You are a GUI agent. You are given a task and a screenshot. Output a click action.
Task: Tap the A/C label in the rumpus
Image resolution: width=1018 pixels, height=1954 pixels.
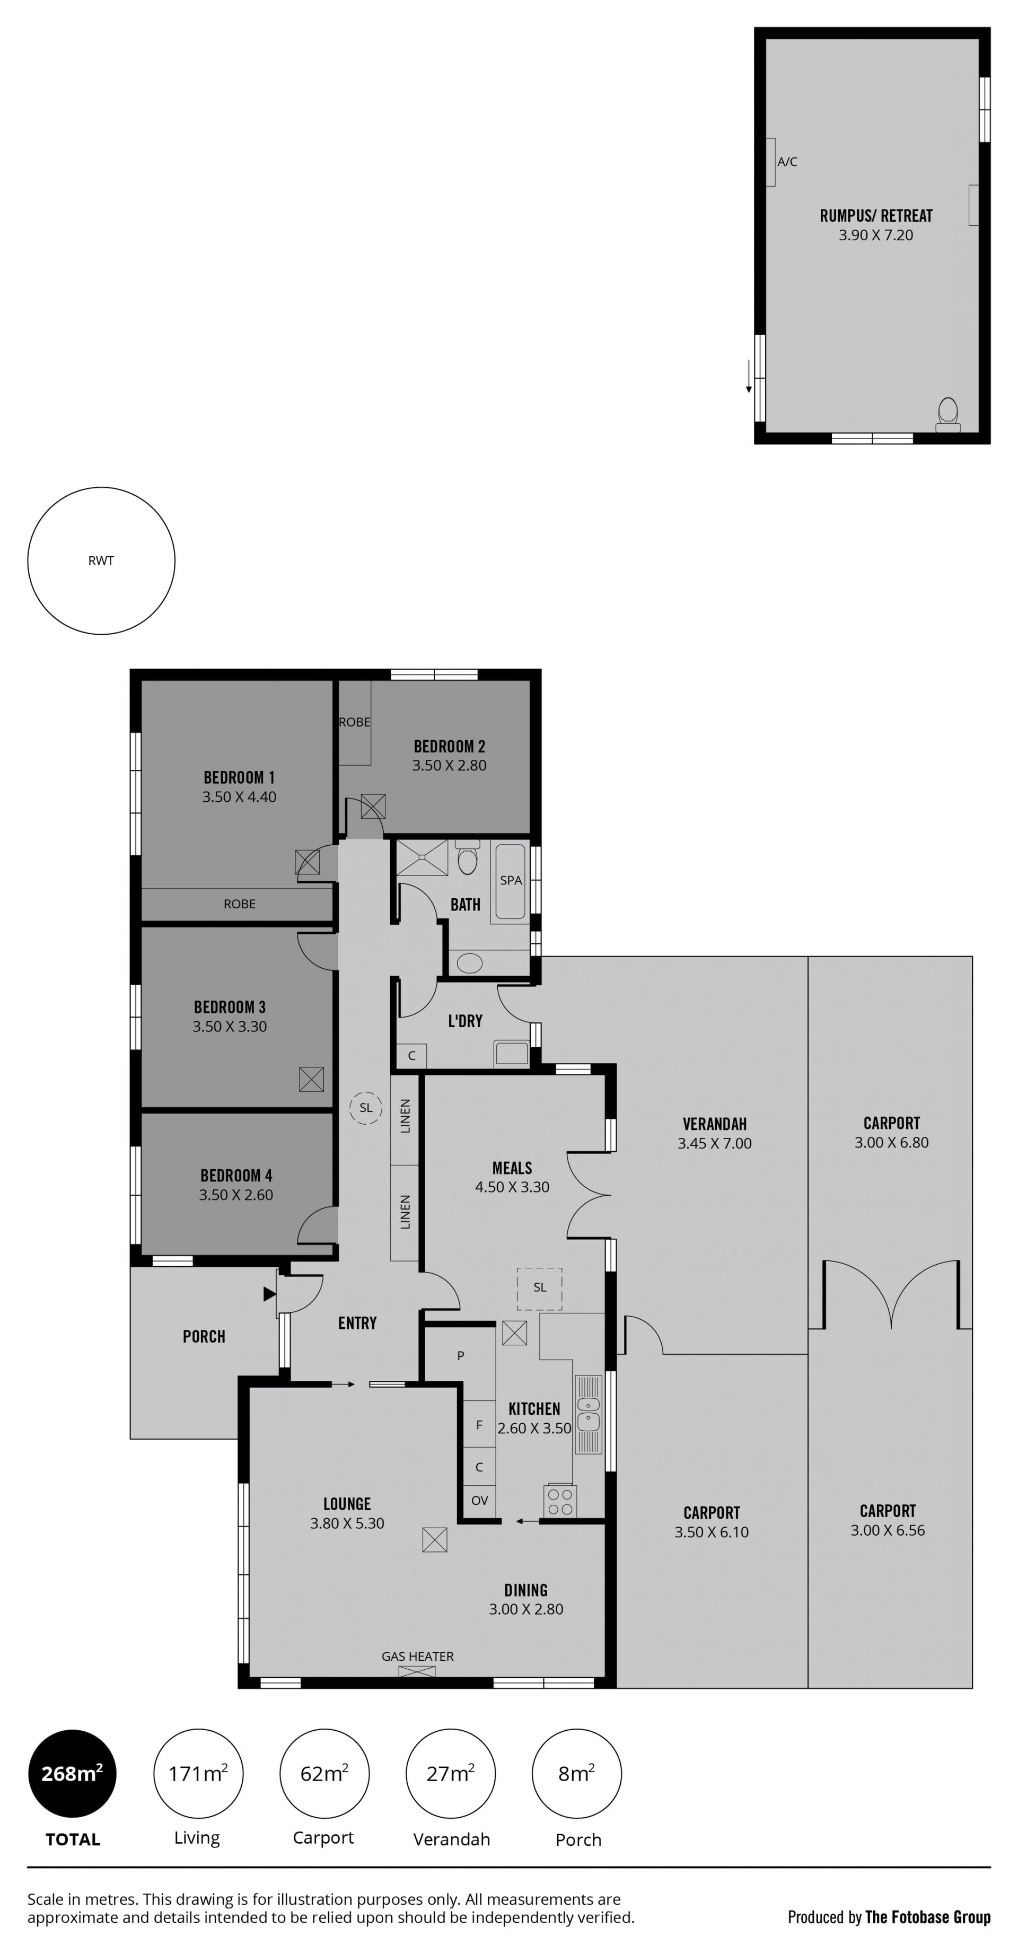coord(787,162)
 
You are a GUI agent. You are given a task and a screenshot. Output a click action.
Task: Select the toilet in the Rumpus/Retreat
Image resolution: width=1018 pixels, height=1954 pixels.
coord(948,415)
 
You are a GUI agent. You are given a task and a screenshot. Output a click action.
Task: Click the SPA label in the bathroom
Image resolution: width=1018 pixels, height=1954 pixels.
coord(511,880)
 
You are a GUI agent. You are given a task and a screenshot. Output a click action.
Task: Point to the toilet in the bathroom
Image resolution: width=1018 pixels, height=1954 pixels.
coord(467,857)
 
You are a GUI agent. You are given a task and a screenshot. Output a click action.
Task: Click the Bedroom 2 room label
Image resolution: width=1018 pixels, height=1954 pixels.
coord(449,747)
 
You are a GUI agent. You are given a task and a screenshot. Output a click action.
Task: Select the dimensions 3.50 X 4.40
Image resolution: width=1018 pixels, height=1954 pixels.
coord(239,796)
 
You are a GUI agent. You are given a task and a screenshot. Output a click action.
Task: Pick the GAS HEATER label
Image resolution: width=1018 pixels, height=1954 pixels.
coord(417,1656)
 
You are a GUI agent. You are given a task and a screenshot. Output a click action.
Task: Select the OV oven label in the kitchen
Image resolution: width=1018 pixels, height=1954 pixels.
coord(479,1501)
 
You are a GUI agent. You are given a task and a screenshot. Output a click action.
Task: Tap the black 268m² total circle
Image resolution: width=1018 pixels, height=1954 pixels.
coord(72,1774)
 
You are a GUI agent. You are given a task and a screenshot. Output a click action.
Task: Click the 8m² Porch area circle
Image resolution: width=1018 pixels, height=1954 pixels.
coord(576,1774)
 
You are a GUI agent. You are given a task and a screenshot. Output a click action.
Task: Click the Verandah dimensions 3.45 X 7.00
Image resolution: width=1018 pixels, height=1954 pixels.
coord(715,1143)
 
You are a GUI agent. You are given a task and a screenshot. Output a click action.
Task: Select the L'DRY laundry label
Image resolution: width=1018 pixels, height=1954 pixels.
coord(465,1021)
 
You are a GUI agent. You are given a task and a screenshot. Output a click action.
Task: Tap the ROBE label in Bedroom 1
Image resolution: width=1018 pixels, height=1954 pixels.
coord(240,904)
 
